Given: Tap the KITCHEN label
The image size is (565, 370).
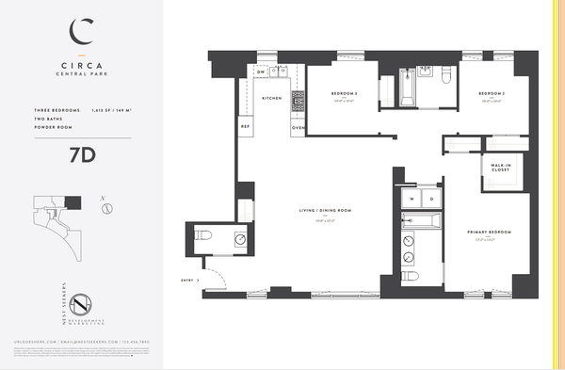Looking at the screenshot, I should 272,99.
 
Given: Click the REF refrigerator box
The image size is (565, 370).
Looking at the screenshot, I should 246,126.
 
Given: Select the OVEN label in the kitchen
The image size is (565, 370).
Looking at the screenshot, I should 298,126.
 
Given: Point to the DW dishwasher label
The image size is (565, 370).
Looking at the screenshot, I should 261,72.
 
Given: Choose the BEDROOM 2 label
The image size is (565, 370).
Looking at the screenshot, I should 492,94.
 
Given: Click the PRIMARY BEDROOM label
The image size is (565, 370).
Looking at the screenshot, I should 487,232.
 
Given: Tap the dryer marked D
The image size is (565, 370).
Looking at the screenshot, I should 431,199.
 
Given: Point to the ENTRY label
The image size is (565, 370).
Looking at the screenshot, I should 187,280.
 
